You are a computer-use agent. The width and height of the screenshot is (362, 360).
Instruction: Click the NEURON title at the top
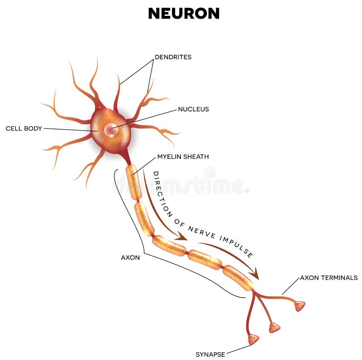183,14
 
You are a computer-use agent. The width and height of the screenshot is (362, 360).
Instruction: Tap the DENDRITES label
173,57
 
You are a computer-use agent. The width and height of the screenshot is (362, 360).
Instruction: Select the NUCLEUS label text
193,109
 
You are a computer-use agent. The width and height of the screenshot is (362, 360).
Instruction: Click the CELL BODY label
24,128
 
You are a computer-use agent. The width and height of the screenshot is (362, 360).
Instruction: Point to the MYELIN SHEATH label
183,157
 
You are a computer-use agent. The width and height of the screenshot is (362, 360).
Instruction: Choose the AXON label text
130,257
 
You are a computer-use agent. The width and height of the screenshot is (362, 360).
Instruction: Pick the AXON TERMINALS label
329,278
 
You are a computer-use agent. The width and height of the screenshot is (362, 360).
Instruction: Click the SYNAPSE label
210,354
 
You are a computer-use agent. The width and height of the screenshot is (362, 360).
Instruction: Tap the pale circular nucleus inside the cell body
110,130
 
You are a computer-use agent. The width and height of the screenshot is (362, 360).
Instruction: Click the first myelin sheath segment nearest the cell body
133,182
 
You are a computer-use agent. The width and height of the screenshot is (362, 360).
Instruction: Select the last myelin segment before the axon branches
238,277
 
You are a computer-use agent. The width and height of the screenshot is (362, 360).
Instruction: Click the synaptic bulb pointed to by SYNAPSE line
253,339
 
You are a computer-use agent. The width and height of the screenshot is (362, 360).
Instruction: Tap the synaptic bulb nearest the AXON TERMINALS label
300,306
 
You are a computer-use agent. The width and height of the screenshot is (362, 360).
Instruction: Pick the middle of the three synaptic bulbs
274,327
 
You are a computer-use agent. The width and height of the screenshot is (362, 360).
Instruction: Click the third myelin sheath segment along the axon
169,246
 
